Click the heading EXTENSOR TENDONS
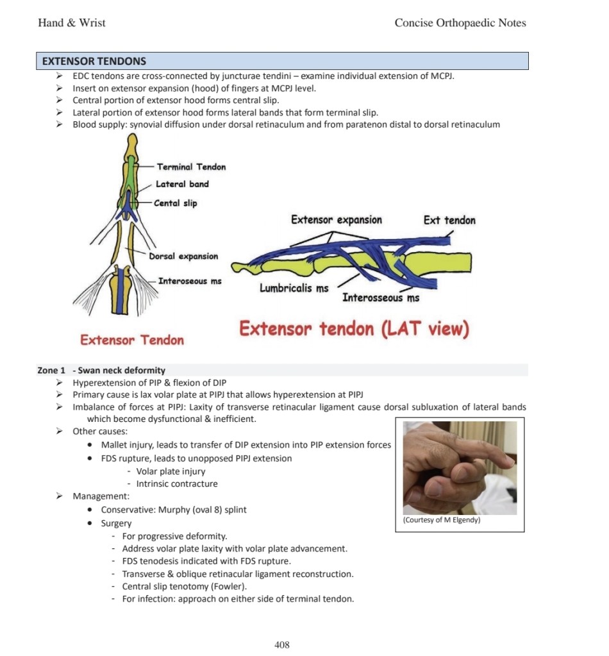(x=94, y=62)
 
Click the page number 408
(x=282, y=644)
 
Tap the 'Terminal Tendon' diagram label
(x=191, y=167)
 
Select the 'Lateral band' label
(x=182, y=184)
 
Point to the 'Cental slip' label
(x=175, y=203)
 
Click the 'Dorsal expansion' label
(x=183, y=256)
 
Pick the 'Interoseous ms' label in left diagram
(x=190, y=281)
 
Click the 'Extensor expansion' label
(x=336, y=220)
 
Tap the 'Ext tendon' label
(x=449, y=220)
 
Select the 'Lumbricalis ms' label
(x=294, y=288)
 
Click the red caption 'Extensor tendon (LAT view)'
(x=354, y=329)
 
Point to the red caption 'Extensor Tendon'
(x=132, y=340)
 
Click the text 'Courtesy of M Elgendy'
(x=442, y=520)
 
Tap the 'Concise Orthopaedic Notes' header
(x=460, y=23)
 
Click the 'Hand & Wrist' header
(x=72, y=23)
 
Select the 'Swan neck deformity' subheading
(x=122, y=370)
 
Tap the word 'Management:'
(x=101, y=496)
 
